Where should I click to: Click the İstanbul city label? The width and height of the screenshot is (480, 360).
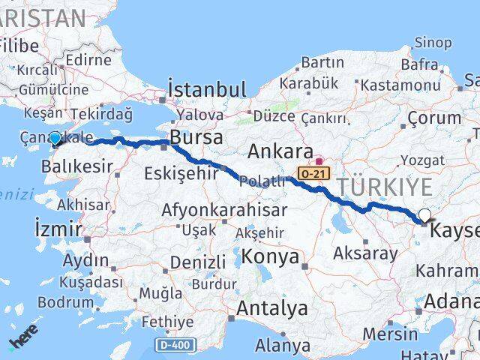coord(207,90)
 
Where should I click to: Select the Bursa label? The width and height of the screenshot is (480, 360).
coord(196,138)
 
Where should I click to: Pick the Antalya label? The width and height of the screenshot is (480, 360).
coord(272,308)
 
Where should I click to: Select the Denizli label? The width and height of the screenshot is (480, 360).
coord(198,262)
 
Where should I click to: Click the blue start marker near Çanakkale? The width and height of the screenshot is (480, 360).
coord(55,139)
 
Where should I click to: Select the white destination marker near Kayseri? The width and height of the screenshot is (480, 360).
coord(425,216)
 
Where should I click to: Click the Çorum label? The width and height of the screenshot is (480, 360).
coord(435,118)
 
